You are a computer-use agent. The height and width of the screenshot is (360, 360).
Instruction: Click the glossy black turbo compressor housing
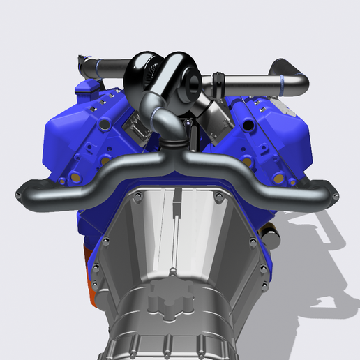click(150, 70)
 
